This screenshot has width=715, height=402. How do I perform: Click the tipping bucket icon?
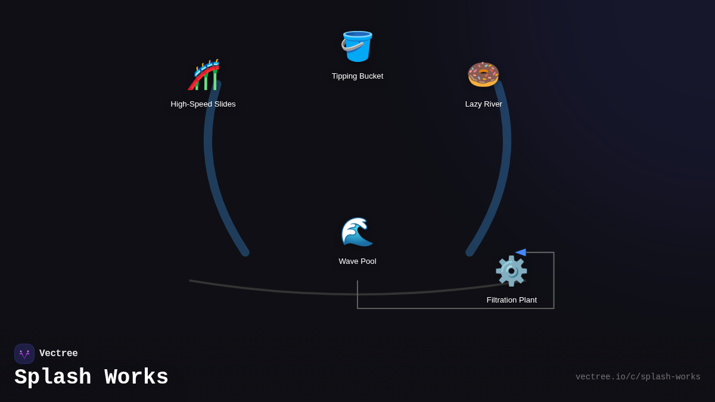point(357,46)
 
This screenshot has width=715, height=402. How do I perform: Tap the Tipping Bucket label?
point(357,76)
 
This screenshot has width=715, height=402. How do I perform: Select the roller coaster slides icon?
point(203,74)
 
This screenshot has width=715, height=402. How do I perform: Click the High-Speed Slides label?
point(203,104)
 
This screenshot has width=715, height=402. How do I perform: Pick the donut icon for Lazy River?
point(483,74)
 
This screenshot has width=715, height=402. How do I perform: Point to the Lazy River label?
point(484,104)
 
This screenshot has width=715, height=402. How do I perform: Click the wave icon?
point(357,232)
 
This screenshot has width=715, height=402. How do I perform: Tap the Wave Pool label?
point(357,261)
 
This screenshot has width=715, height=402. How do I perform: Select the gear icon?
point(511,271)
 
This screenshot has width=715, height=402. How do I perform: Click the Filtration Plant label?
point(512,300)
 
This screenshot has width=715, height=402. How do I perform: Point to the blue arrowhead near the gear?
point(520,253)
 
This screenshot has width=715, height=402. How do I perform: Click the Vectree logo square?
point(24,354)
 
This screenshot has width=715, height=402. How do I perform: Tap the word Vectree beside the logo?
point(58,354)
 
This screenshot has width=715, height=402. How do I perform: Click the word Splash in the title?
point(53,378)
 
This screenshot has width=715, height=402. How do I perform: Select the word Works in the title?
point(136,378)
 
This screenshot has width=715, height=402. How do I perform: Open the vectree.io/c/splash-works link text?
point(638,377)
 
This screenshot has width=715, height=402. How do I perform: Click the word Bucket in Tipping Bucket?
point(370,76)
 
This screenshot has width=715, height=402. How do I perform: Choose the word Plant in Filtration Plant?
point(527,300)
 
